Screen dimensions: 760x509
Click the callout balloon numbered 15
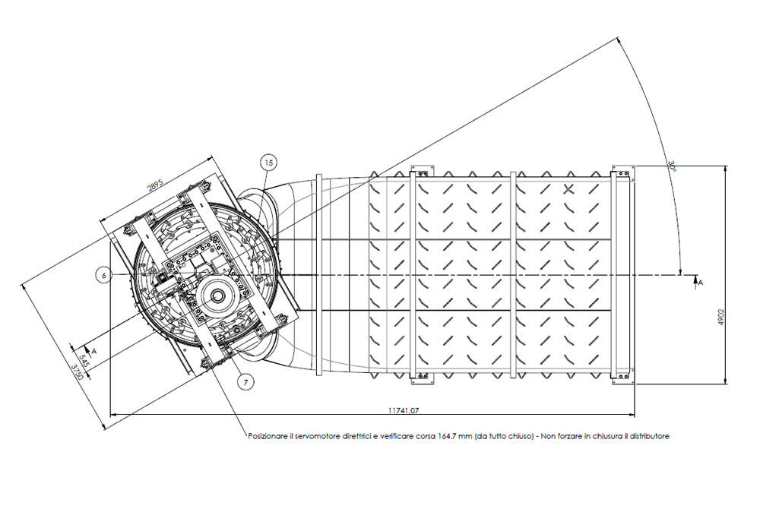269,163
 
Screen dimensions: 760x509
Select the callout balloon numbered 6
103,275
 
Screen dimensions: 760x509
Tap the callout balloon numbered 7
245,382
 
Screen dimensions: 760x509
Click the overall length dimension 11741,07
404,410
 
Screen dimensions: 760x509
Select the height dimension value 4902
720,317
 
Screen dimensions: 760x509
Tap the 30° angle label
672,166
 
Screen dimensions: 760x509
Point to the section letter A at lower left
94,350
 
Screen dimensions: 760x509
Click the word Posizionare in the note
265,436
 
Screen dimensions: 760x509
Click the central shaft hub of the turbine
216,294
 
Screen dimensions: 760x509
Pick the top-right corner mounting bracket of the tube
623,173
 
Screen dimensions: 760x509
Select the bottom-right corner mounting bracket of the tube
623,377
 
